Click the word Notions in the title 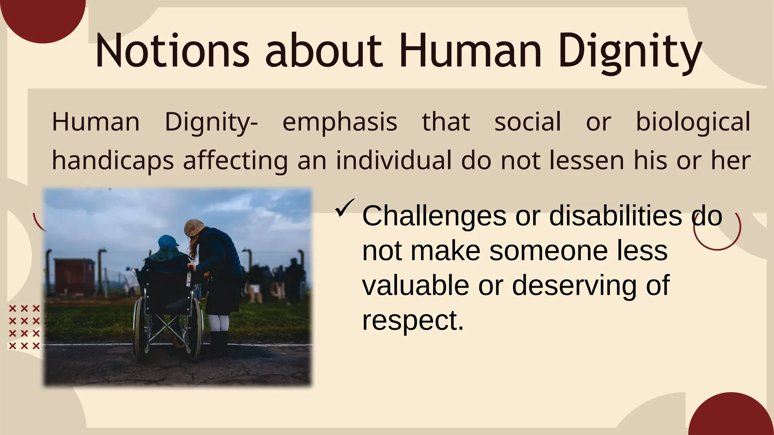[172, 51]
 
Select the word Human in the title [470, 51]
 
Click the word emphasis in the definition [339, 122]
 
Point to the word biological [693, 122]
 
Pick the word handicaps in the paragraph [113, 160]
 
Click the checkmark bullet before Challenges [344, 208]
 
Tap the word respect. [412, 320]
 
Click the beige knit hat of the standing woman [193, 227]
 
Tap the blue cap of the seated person [168, 241]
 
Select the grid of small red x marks [24, 327]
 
